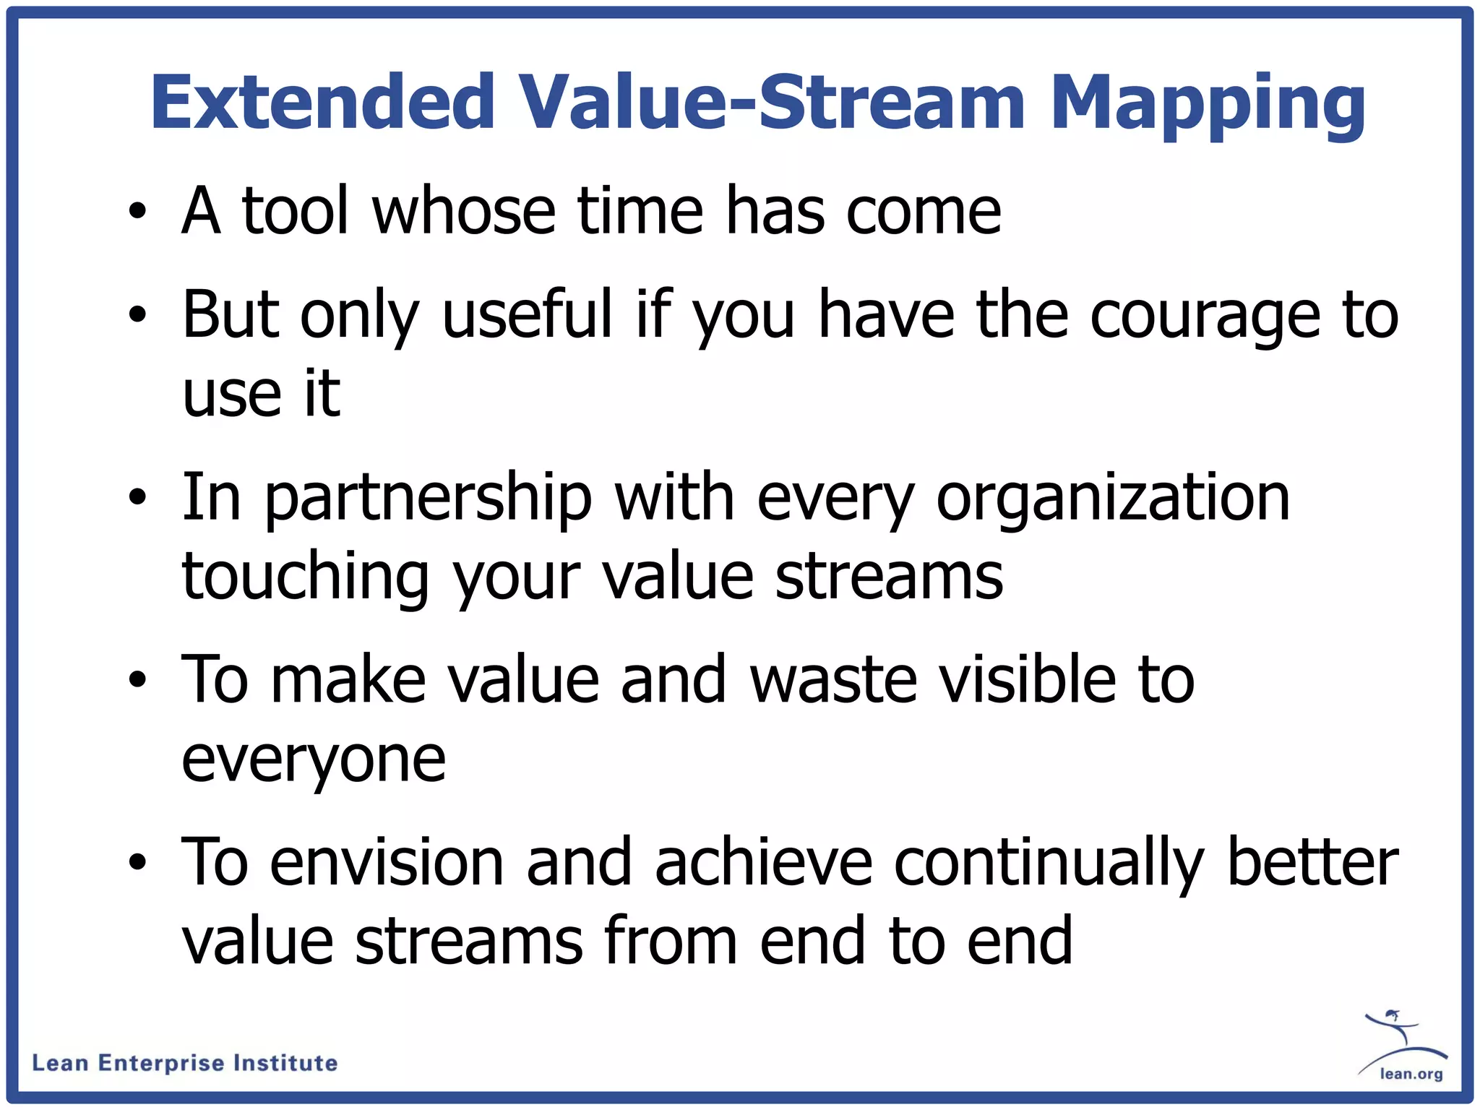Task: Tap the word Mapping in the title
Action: [x=1206, y=103]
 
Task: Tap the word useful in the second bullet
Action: [x=528, y=314]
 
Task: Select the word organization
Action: [x=1113, y=499]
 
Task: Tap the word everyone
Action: [x=314, y=760]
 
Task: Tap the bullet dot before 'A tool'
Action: [x=137, y=211]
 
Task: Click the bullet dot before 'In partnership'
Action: [x=137, y=498]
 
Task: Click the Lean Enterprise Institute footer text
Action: [x=185, y=1063]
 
